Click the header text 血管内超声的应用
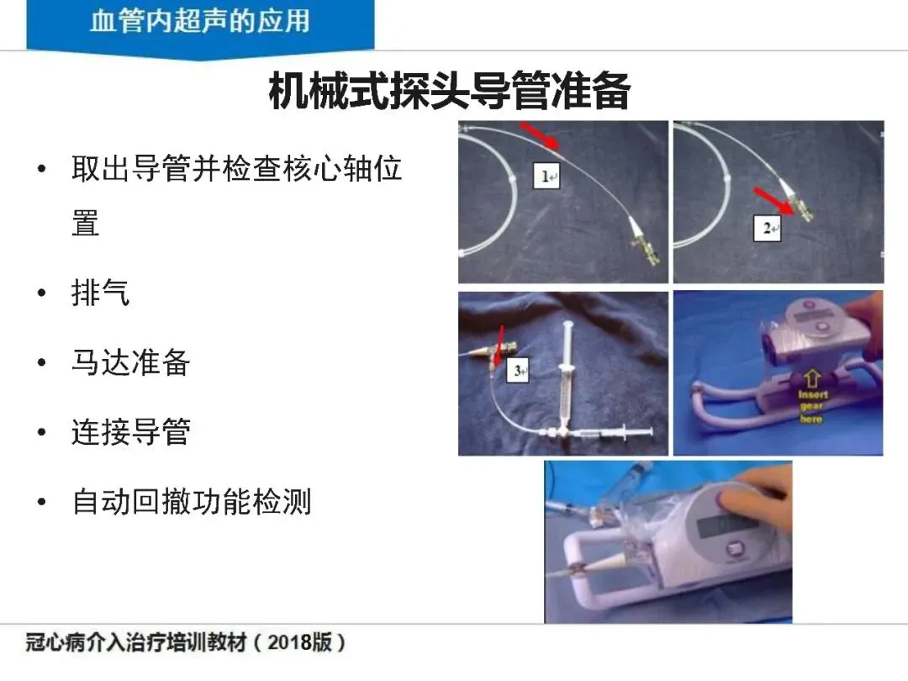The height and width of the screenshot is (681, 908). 200,21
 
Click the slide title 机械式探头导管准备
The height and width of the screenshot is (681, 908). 449,90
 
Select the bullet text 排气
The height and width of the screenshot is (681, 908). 101,293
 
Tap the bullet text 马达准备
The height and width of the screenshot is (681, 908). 131,362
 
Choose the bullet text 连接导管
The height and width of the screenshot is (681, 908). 131,431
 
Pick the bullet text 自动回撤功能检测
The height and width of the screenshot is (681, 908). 192,501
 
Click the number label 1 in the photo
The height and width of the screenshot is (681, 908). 546,176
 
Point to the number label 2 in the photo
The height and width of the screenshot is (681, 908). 768,228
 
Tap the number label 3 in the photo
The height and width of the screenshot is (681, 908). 518,371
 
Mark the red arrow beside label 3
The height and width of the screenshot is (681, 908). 498,347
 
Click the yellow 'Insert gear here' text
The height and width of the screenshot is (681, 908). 812,407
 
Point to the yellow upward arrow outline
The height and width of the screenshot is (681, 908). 812,379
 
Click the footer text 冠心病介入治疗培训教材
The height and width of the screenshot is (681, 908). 136,642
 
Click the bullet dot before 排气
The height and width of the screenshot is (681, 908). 41,293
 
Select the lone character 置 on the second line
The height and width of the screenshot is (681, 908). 86,223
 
